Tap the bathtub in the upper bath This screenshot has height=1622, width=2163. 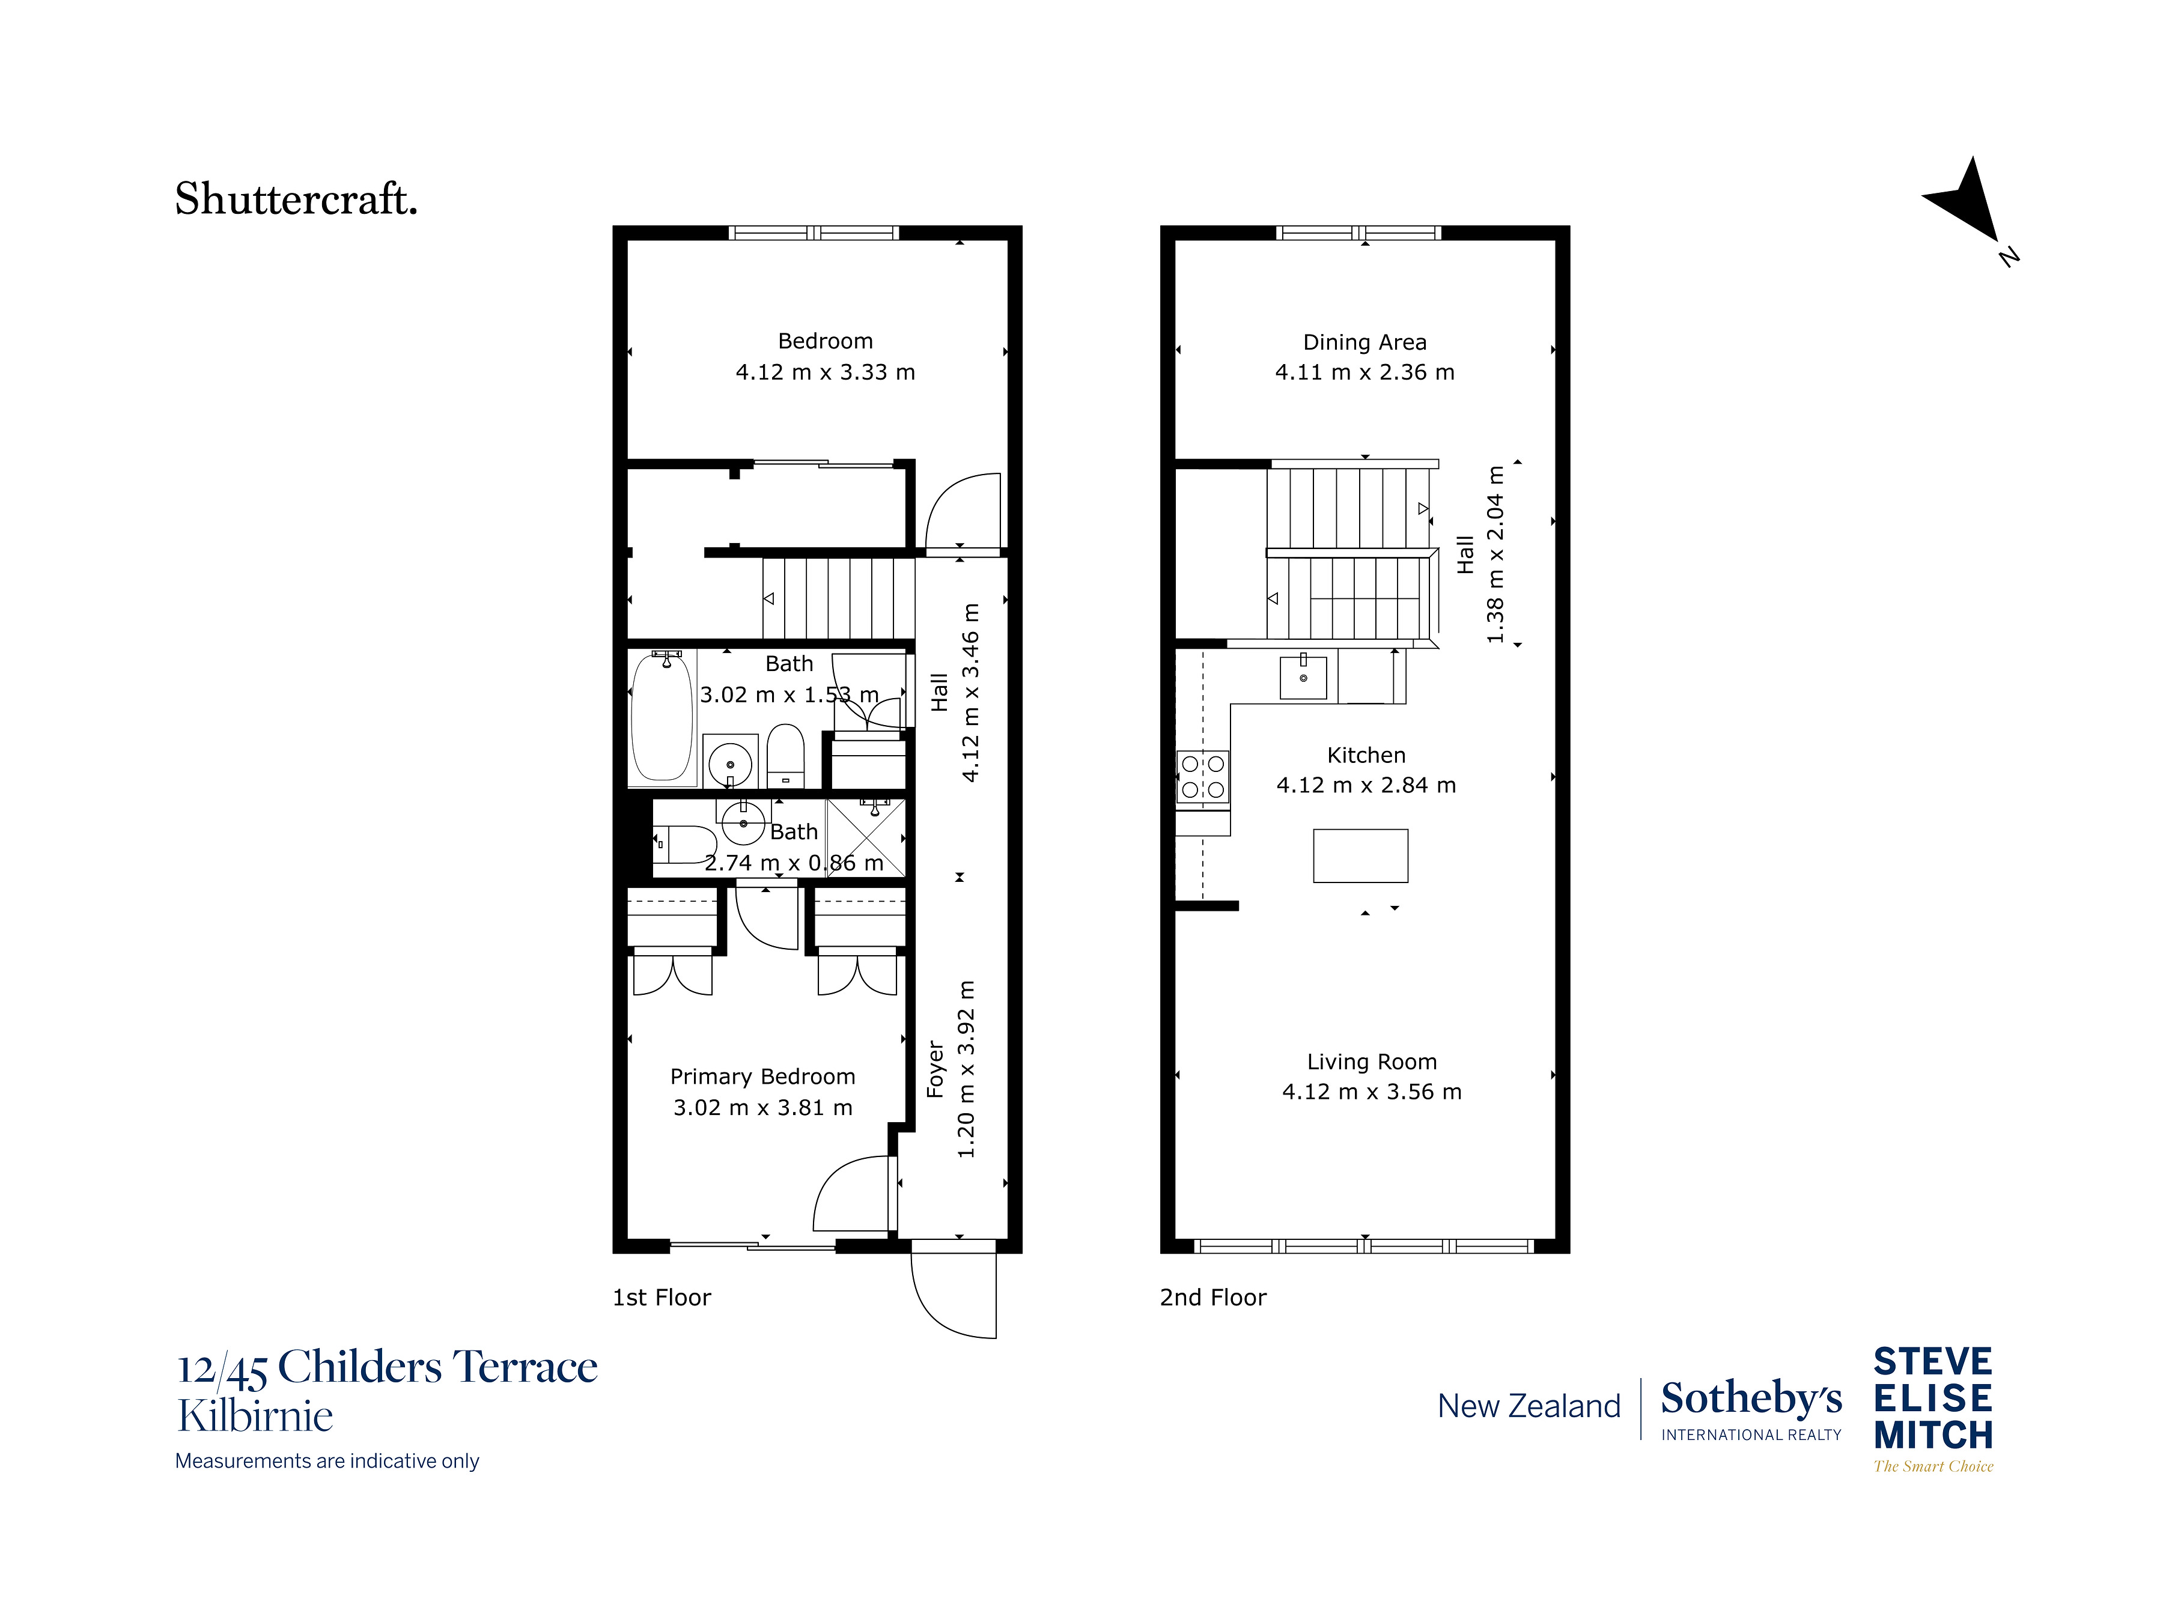[662, 718]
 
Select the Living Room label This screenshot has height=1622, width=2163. [1371, 1062]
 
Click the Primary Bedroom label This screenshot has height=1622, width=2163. [762, 1077]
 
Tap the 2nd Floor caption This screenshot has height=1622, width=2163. [1212, 1298]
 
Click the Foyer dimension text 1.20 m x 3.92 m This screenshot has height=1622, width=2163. [966, 1069]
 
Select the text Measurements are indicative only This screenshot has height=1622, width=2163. [327, 1460]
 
